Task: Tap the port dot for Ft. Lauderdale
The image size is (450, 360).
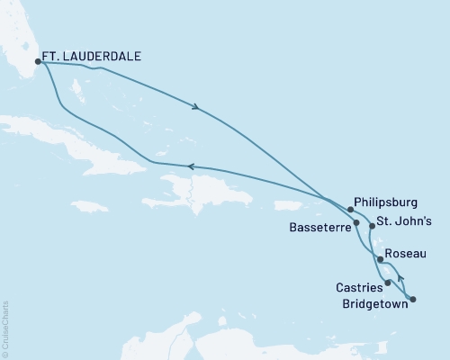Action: (38, 61)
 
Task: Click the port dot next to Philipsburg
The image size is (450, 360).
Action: (350, 209)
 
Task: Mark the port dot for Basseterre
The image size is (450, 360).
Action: (357, 222)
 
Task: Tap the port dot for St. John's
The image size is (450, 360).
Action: (372, 227)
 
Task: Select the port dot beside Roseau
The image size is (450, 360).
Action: (382, 260)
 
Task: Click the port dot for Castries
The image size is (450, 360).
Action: (388, 283)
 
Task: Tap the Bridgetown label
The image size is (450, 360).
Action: (373, 303)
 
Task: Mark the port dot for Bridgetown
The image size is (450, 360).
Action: (413, 298)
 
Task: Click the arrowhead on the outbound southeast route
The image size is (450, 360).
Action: (195, 109)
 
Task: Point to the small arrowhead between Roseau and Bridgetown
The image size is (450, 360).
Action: (400, 279)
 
